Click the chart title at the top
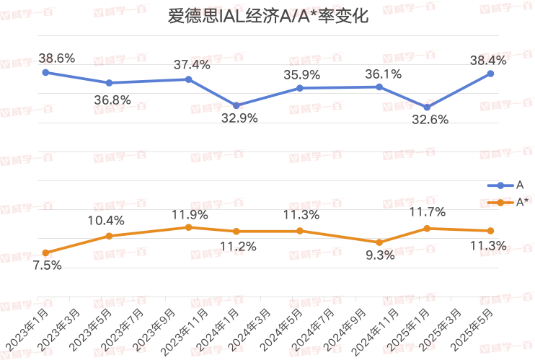click(267, 17)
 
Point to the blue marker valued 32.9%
click(236, 105)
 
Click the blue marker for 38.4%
click(490, 74)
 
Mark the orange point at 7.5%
click(45, 253)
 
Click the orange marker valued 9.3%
click(379, 242)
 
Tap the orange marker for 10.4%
click(109, 236)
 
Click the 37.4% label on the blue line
click(192, 65)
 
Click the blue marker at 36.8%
click(109, 83)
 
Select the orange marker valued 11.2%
click(236, 231)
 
